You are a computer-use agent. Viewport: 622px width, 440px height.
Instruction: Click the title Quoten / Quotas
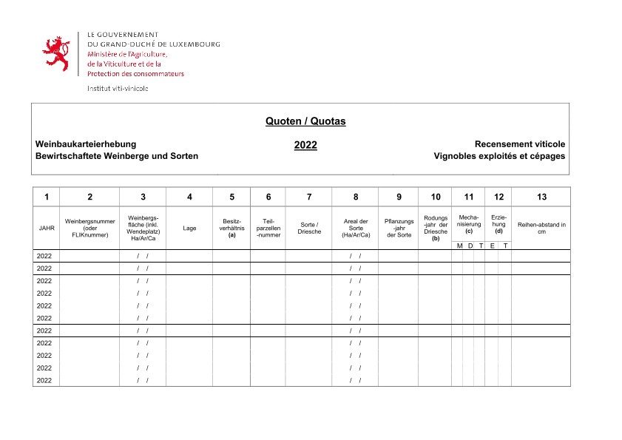(x=305, y=121)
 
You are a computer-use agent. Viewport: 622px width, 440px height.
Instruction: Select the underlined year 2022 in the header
(x=305, y=145)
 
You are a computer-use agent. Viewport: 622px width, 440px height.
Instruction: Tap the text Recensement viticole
(x=519, y=144)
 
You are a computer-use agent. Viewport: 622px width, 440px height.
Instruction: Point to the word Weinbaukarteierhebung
(x=86, y=144)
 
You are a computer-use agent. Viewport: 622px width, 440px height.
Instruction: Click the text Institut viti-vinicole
(x=118, y=88)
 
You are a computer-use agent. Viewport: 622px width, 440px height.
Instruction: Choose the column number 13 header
(x=541, y=197)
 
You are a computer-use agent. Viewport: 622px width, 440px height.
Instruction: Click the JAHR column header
(x=46, y=228)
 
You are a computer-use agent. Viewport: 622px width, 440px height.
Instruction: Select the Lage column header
(x=189, y=228)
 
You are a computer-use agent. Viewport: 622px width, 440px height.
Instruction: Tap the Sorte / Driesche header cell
(x=308, y=228)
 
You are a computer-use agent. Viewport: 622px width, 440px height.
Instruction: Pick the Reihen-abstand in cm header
(x=541, y=228)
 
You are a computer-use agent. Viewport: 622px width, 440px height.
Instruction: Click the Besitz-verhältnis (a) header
(x=231, y=228)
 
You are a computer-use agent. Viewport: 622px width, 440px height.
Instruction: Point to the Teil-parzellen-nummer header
(x=268, y=228)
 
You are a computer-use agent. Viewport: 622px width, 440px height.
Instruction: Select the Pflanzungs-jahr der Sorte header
(x=399, y=228)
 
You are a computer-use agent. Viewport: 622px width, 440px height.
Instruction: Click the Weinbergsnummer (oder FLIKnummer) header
(x=90, y=228)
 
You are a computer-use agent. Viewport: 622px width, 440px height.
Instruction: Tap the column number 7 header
(x=308, y=197)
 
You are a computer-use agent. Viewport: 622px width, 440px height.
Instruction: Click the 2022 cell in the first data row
(x=44, y=256)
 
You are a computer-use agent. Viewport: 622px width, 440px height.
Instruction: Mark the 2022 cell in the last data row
(x=44, y=380)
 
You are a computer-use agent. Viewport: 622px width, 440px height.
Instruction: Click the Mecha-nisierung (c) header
(x=468, y=224)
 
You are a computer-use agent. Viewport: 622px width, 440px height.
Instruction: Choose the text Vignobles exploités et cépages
(x=499, y=156)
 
